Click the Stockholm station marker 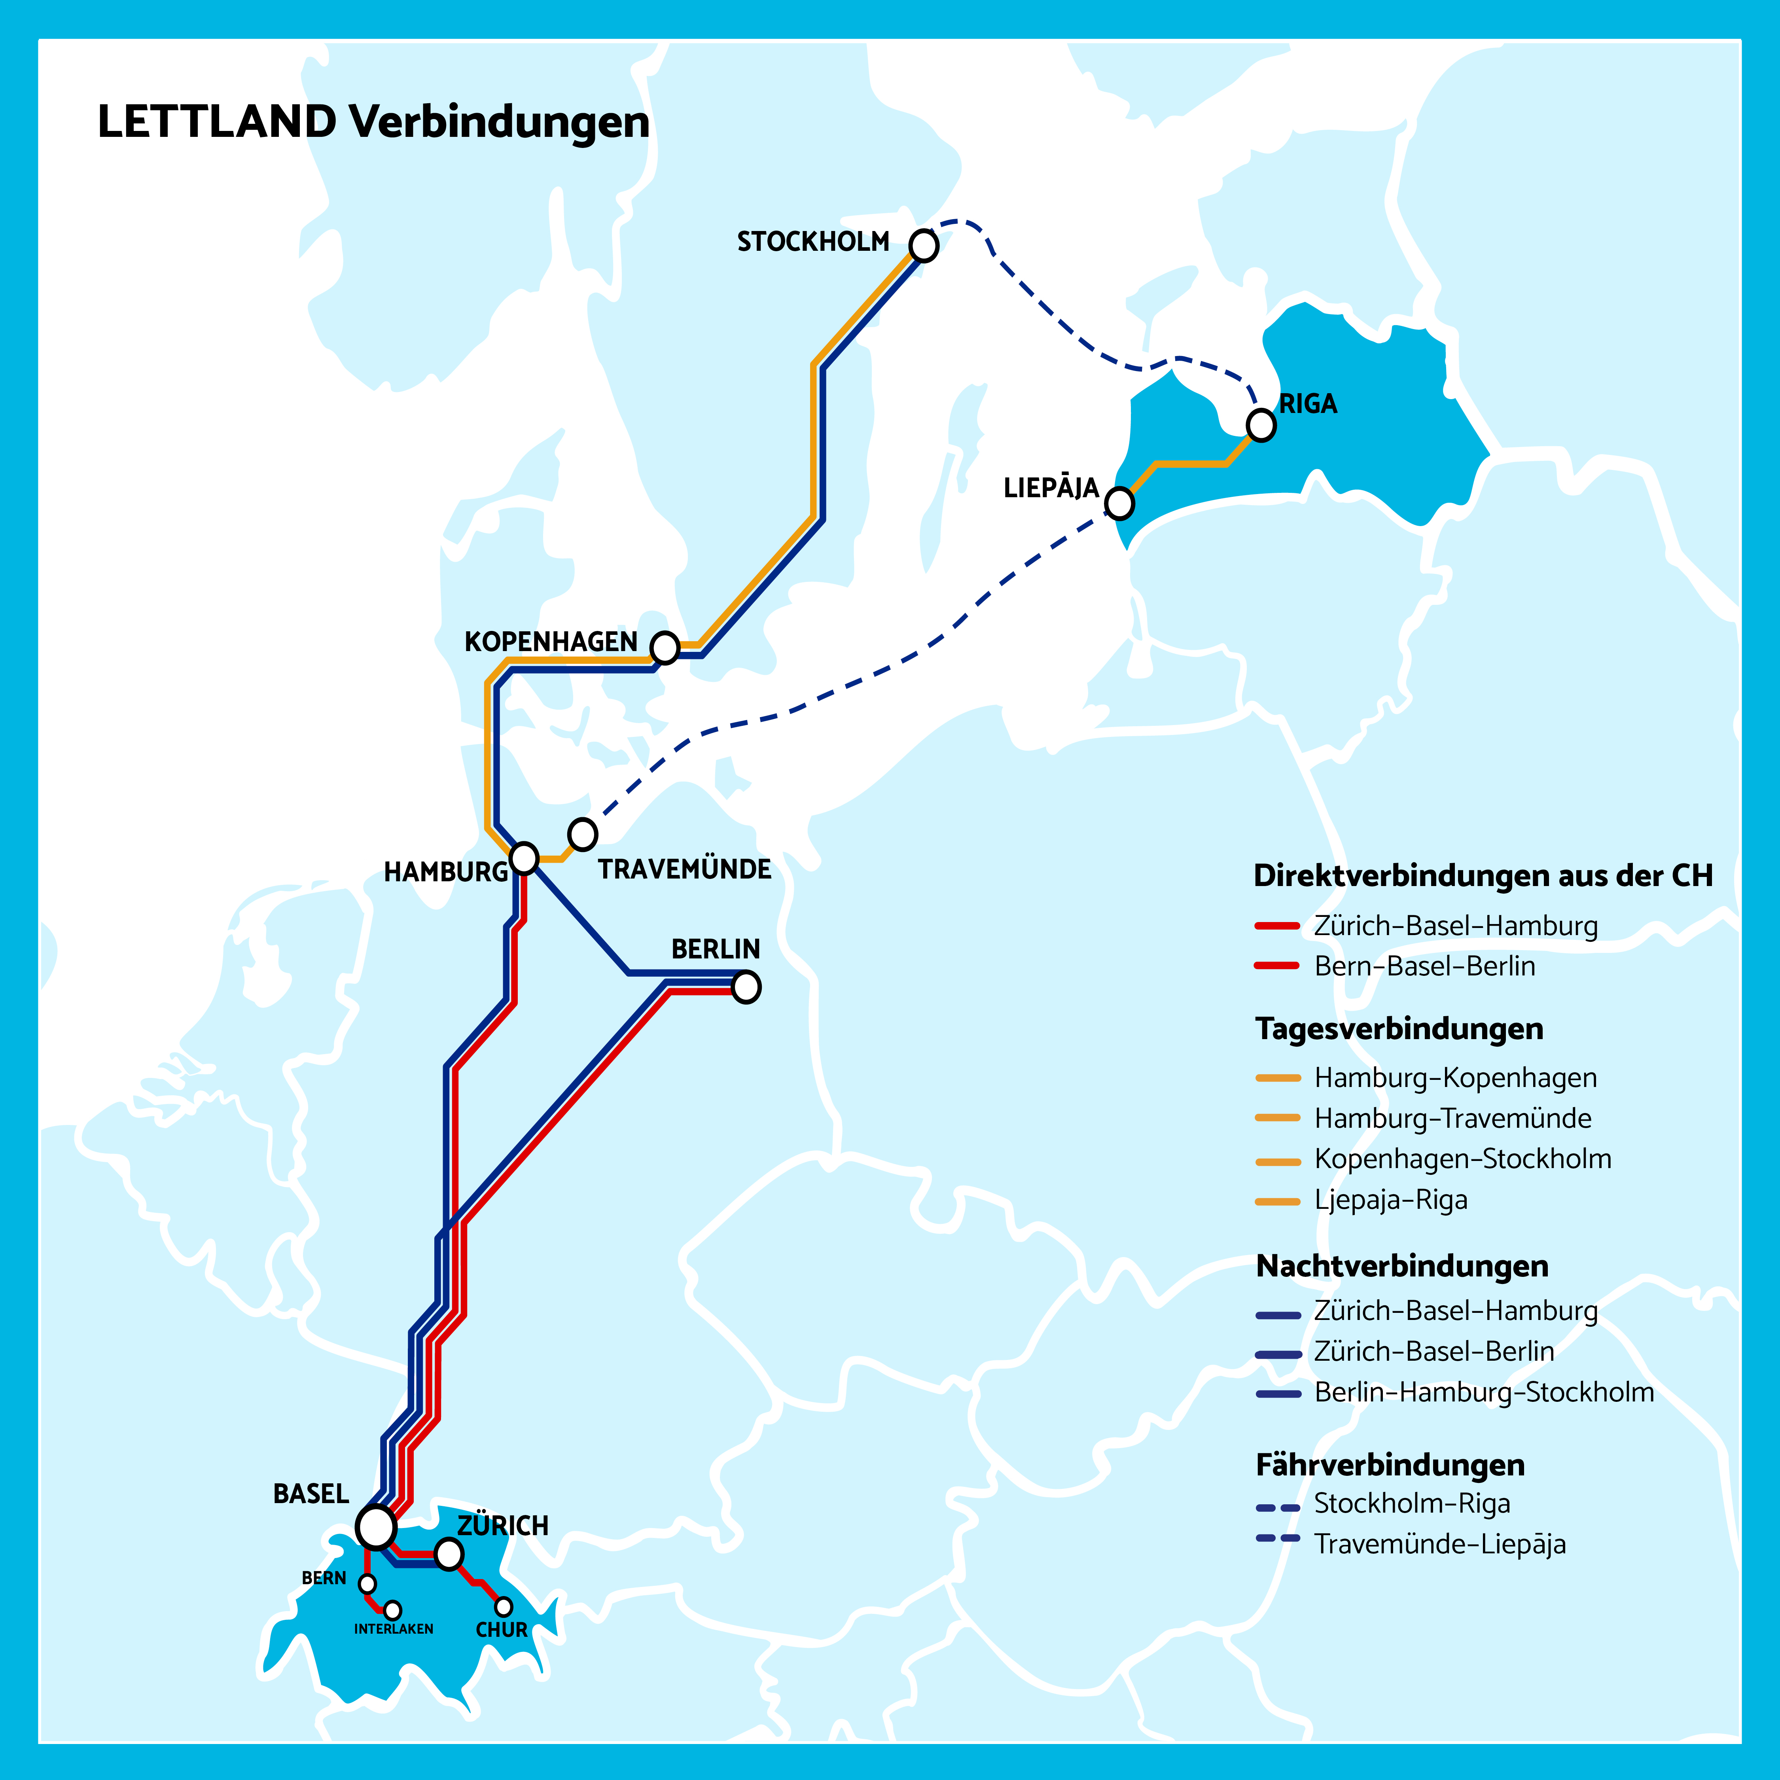923,246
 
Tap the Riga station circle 1260,425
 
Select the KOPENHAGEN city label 550,642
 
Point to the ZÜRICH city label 503,1526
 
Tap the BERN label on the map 324,1578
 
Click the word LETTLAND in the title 216,123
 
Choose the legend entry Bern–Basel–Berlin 1424,966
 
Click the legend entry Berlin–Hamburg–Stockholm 1483,1392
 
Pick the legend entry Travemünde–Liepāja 1439,1544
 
